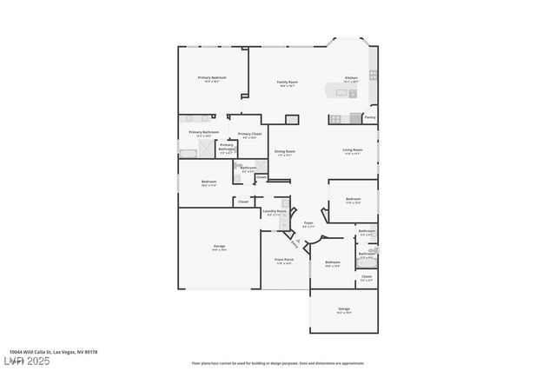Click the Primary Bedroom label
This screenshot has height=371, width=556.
(211, 79)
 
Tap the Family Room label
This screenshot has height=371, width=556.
(288, 83)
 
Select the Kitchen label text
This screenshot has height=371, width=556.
(351, 79)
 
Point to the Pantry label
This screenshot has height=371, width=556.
(370, 117)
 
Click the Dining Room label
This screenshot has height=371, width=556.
(286, 152)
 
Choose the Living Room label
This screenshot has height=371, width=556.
(352, 151)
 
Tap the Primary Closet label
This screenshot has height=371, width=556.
(250, 135)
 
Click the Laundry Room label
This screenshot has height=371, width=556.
(275, 212)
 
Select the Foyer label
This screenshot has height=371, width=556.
(308, 224)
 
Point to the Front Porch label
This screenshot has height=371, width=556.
(284, 261)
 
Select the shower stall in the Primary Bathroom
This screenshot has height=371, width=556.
(205, 149)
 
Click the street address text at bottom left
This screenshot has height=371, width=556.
(53, 352)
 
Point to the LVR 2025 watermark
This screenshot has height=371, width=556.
(26, 361)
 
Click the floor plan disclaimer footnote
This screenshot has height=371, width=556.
(278, 363)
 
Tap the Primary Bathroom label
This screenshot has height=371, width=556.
(204, 133)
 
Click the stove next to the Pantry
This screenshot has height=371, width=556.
(355, 118)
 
